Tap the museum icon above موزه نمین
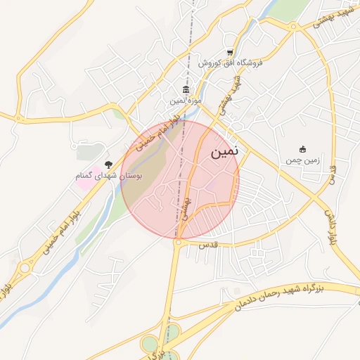(x=186, y=89)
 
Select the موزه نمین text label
(x=186, y=101)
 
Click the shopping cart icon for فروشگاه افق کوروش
(x=230, y=53)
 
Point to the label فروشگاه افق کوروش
(x=230, y=63)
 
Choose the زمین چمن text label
(x=302, y=160)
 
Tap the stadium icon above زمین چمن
(x=302, y=149)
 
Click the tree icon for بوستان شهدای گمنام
(x=108, y=164)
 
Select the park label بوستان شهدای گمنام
(x=109, y=175)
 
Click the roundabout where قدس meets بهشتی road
(x=179, y=243)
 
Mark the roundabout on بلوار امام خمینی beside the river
(x=26, y=266)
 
